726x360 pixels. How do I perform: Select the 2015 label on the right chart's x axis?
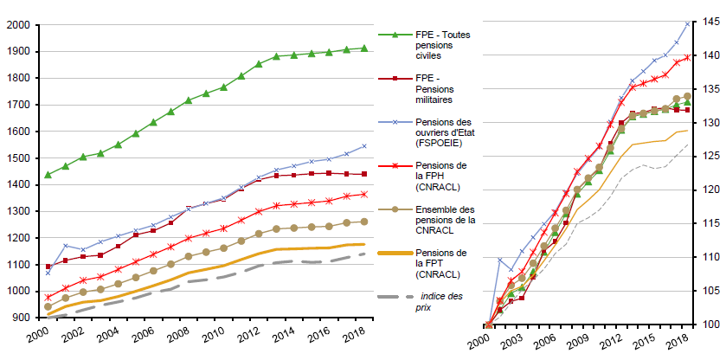(644, 340)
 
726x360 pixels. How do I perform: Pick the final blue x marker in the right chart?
(687, 23)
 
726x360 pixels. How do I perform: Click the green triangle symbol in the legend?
(395, 35)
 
